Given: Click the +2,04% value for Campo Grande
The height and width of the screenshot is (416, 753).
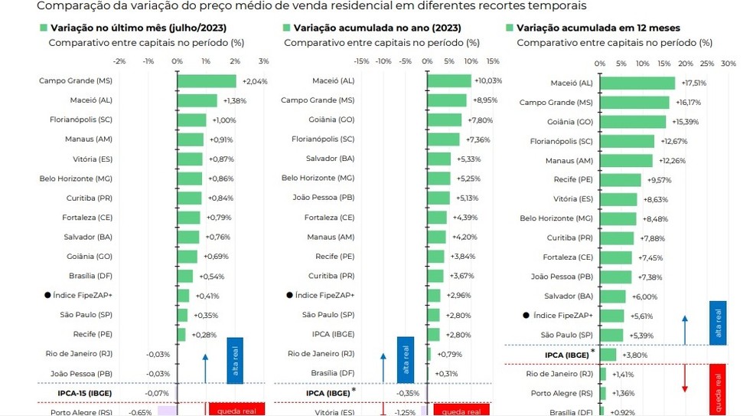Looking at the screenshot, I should coord(254,80).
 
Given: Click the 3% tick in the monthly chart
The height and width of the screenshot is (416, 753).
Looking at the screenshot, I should coord(263,61).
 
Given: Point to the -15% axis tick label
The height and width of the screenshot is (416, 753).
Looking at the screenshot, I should coord(362,61).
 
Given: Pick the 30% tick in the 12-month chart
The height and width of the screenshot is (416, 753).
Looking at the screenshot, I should coord(729,64).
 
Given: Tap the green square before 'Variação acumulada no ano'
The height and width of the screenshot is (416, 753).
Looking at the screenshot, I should coord(286,28).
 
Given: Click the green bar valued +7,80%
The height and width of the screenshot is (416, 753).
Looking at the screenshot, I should coord(445,120).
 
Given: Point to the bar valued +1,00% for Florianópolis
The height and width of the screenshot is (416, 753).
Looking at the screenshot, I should coord(192,120).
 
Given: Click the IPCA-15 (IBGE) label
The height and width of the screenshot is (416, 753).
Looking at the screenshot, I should coord(84,392).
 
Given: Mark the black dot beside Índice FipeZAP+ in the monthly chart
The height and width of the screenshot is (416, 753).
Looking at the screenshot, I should coord(47,295).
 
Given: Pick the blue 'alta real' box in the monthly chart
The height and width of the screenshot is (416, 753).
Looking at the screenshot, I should coord(235,360).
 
